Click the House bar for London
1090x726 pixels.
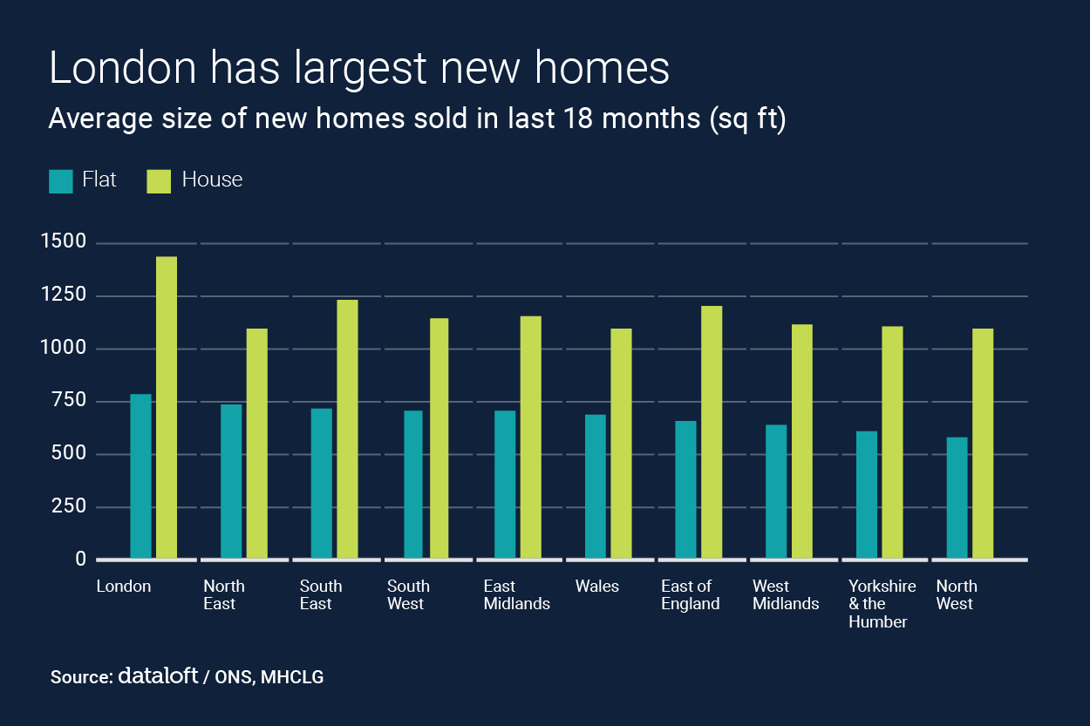166,408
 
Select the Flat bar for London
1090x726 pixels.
140,477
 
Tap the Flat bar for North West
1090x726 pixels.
957,498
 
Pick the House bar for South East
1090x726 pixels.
347,429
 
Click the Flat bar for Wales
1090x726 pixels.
596,486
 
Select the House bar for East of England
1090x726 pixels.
712,432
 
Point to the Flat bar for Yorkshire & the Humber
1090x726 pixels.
867,494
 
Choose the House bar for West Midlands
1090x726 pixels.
802,441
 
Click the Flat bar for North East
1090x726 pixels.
231,481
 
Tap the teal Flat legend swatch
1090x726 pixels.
61,180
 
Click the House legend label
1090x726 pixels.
212,180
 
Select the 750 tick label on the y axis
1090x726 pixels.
69,401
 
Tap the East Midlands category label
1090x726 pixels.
517,595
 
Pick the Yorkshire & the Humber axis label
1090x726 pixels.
882,604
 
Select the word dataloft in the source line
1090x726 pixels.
157,675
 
